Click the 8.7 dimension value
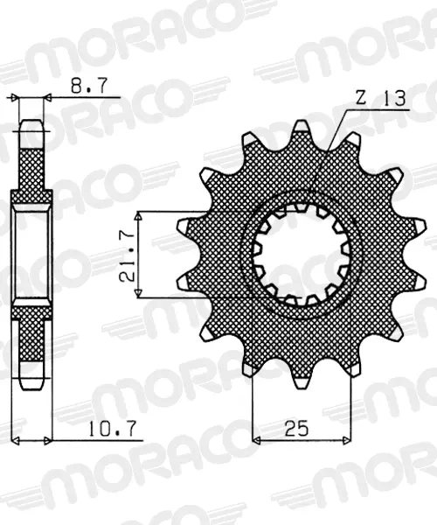pos(89,86)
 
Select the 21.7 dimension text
pos(127,255)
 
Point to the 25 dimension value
pos(296,428)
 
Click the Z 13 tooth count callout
pos(380,98)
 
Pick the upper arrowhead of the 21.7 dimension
pos(138,216)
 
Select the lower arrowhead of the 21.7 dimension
pos(138,292)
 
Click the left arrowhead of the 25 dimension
pos(256,439)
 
